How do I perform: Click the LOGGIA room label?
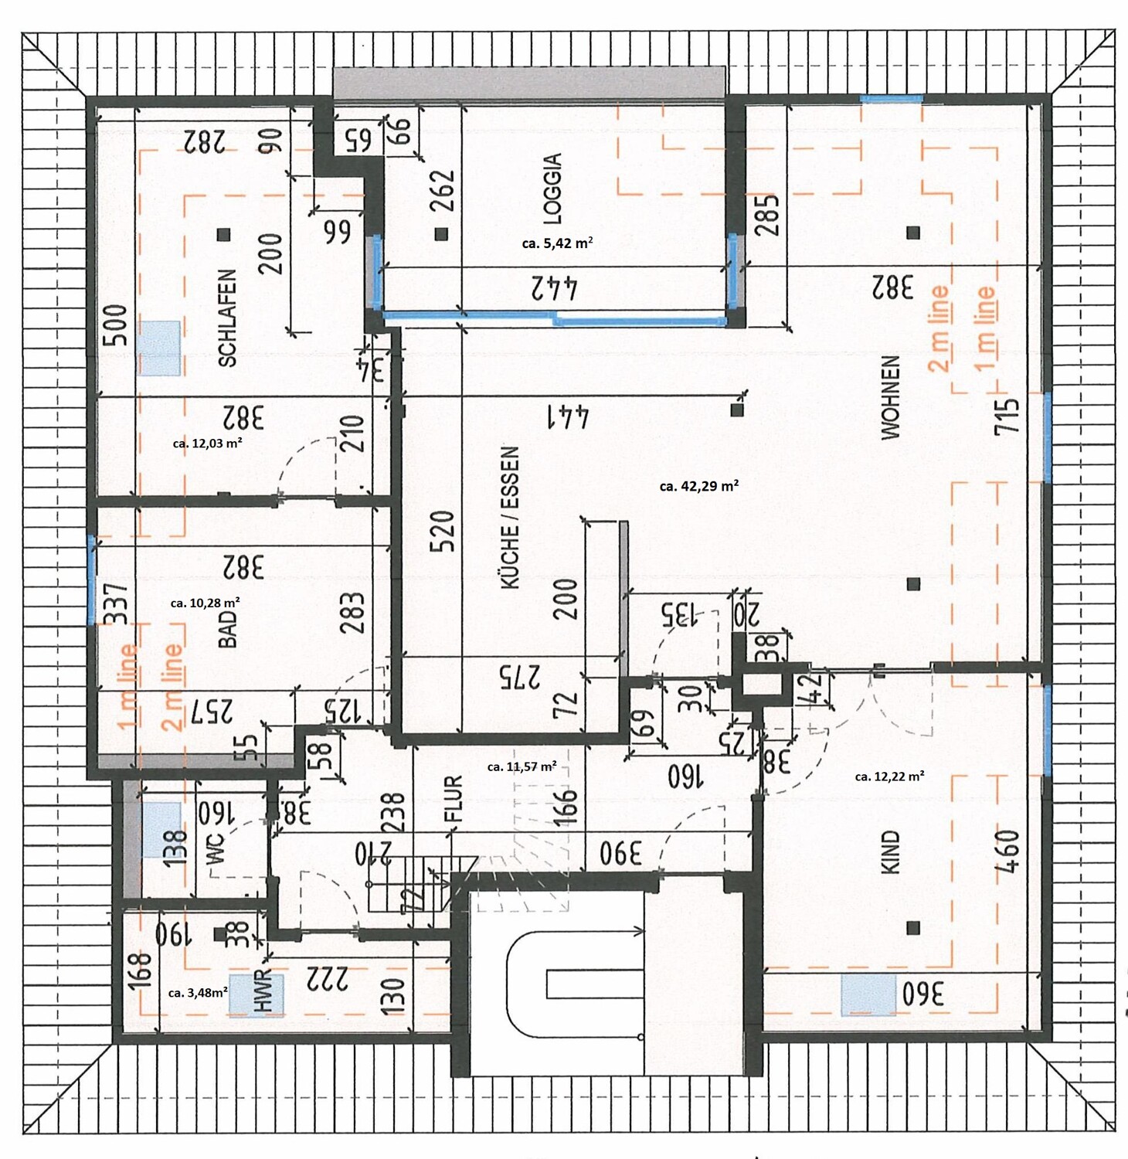pyautogui.click(x=553, y=189)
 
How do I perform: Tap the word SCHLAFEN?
pyautogui.click(x=227, y=318)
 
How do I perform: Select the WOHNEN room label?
pyautogui.click(x=891, y=398)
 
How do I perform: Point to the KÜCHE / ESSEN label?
pyautogui.click(x=510, y=518)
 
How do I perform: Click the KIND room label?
pyautogui.click(x=891, y=852)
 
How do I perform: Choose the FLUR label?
pyautogui.click(x=454, y=798)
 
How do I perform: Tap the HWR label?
pyautogui.click(x=264, y=991)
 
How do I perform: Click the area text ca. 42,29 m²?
pyautogui.click(x=698, y=486)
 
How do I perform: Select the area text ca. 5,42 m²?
pyautogui.click(x=557, y=243)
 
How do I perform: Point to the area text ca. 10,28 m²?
pyautogui.click(x=205, y=603)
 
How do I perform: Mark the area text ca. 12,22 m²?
pyautogui.click(x=889, y=777)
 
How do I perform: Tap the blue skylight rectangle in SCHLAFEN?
pyautogui.click(x=160, y=348)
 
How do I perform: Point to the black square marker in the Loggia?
pyautogui.click(x=441, y=233)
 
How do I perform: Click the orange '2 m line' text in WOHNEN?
pyautogui.click(x=938, y=328)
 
